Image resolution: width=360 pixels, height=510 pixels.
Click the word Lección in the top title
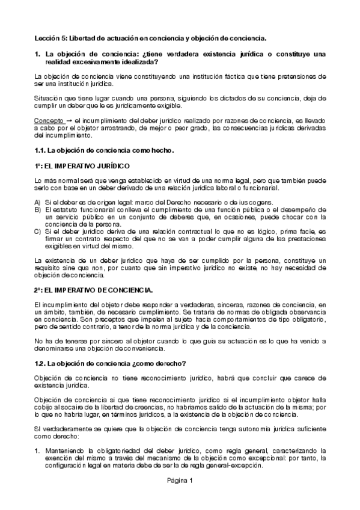pos(46,38)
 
